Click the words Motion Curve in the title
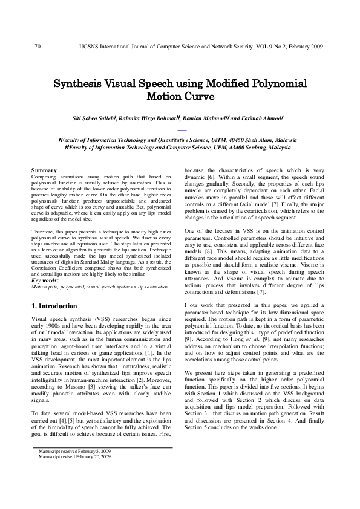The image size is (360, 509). click(x=180, y=96)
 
